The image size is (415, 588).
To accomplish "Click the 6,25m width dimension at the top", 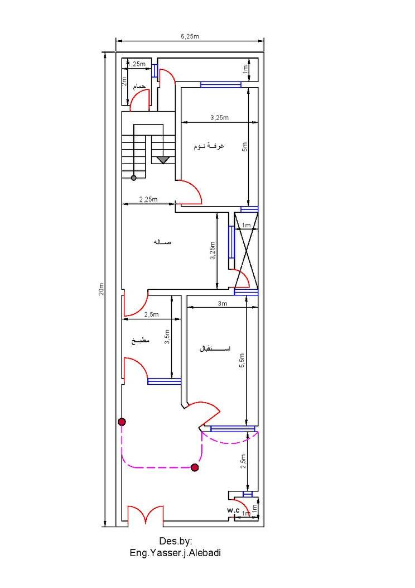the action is (x=190, y=36).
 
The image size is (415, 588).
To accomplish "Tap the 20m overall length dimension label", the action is (x=101, y=289).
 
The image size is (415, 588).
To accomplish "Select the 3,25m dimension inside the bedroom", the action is (x=219, y=117).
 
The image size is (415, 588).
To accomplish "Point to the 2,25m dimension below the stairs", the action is (x=148, y=199).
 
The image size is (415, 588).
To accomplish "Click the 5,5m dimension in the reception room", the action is (x=242, y=360).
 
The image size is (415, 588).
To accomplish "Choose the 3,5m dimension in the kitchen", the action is (x=167, y=337).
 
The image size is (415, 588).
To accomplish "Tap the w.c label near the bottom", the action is (x=233, y=510).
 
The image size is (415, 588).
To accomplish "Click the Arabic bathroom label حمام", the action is (x=139, y=87).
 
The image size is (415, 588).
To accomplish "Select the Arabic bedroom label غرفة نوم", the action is (x=209, y=146).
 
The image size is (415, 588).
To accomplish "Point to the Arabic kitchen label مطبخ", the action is (x=141, y=341).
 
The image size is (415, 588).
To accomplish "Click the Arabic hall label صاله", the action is (x=162, y=242).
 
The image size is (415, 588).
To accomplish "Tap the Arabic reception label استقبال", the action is (x=214, y=349).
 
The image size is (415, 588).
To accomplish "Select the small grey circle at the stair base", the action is (x=134, y=178).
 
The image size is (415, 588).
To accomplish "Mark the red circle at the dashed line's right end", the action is (x=195, y=467).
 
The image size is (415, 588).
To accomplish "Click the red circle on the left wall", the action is (x=122, y=422).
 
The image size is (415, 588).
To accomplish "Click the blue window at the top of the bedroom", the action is (x=221, y=85).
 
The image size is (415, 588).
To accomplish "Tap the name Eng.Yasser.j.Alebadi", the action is (x=175, y=553).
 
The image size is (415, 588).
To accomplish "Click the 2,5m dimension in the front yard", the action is (x=243, y=461).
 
